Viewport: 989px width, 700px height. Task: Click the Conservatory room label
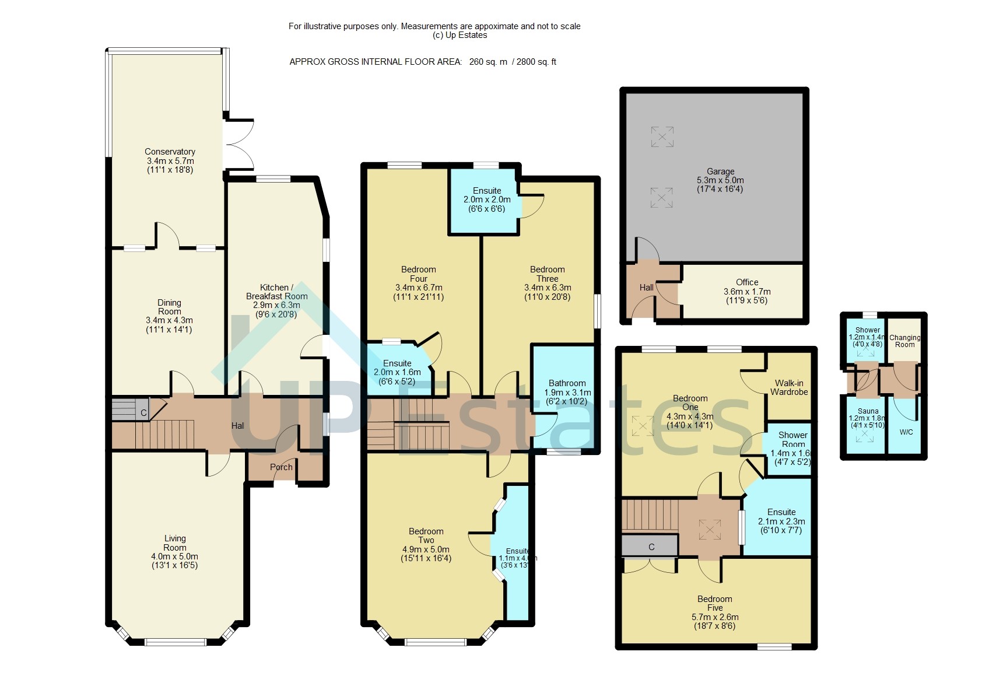point(170,152)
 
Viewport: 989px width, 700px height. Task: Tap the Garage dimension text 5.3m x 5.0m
point(720,180)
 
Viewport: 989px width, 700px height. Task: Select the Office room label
point(747,282)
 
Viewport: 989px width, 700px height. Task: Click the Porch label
point(281,467)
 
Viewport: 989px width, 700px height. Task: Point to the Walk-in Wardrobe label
point(789,387)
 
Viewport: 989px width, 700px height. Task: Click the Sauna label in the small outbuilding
point(868,411)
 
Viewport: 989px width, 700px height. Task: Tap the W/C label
point(906,432)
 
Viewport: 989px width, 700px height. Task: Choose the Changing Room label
point(905,341)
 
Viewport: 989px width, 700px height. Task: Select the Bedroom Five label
point(715,603)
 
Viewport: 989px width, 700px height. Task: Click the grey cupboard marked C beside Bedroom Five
point(651,547)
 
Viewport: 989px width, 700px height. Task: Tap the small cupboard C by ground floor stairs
point(143,412)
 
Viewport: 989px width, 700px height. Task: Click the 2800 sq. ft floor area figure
point(536,62)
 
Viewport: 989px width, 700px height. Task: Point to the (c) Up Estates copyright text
point(460,35)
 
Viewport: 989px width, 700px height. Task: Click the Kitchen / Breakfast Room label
point(276,292)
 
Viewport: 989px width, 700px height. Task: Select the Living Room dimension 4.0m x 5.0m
point(174,556)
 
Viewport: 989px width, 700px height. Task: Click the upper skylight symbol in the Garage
point(662,137)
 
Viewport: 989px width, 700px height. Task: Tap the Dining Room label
point(169,307)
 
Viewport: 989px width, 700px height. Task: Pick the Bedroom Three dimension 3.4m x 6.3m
point(548,288)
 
